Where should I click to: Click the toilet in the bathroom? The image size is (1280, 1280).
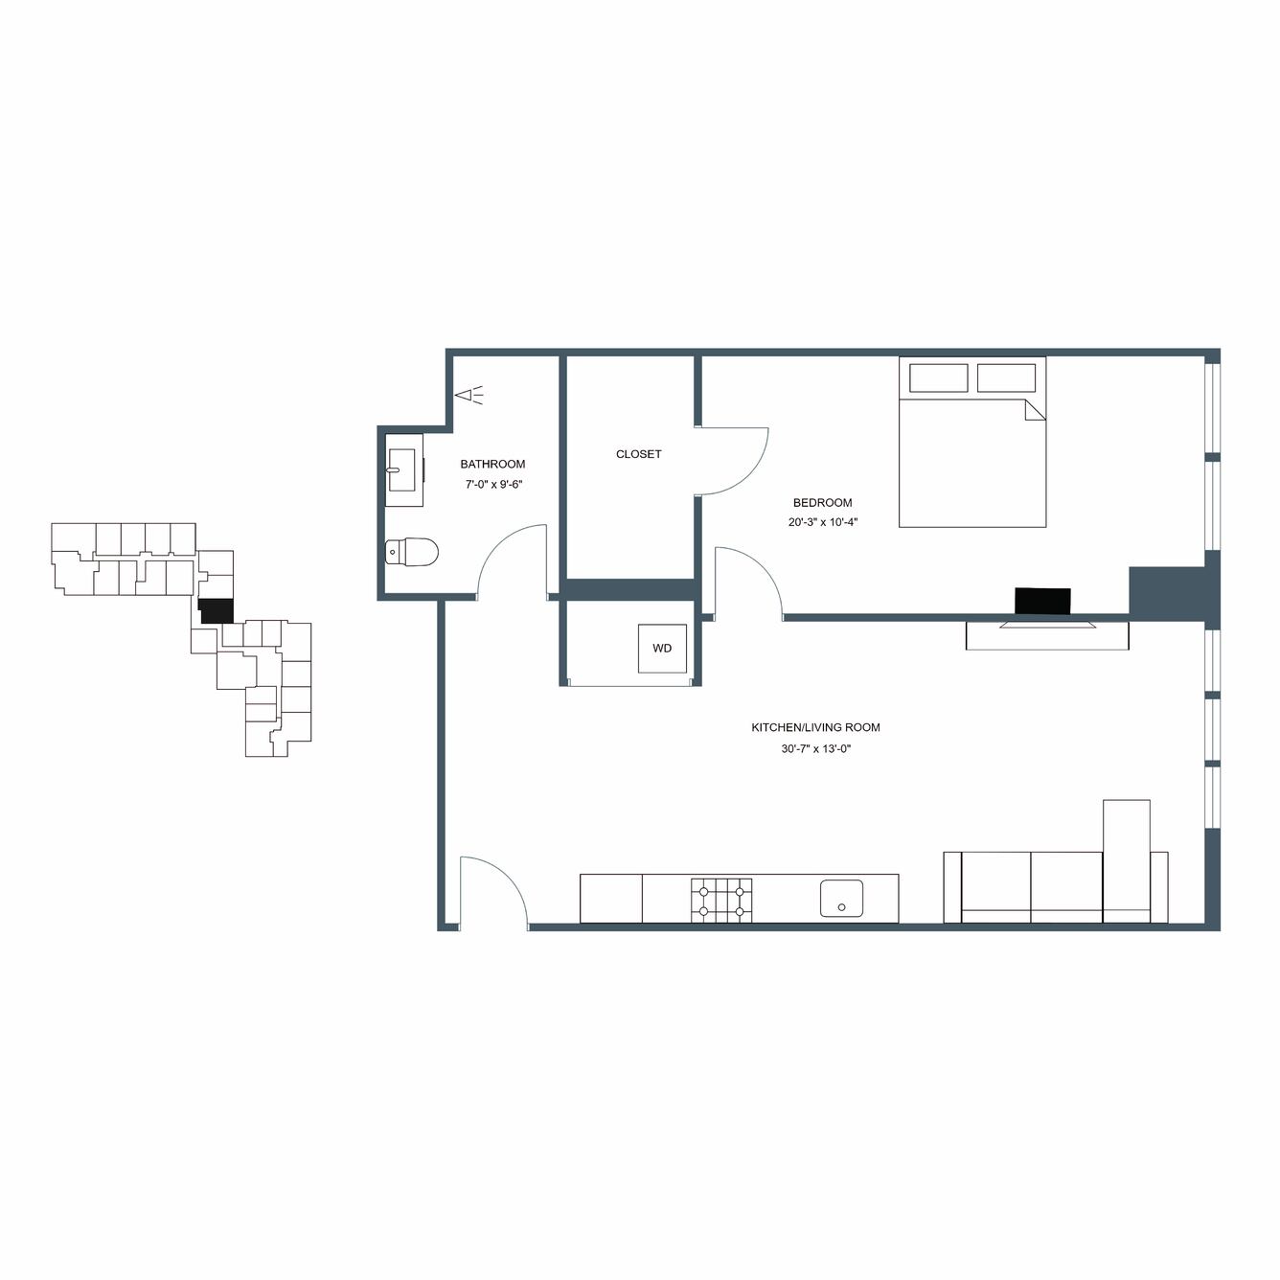tap(412, 552)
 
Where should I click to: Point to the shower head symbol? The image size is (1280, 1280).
tap(469, 396)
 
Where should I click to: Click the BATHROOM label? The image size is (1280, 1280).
tap(492, 465)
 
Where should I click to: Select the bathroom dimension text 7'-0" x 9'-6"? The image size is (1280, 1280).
tap(493, 485)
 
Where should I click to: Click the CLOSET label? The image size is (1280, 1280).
tap(638, 454)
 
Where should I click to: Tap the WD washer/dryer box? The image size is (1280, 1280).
tap(662, 648)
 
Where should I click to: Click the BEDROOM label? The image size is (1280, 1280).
tap(822, 503)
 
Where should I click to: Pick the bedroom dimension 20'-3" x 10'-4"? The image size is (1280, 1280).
tap(823, 522)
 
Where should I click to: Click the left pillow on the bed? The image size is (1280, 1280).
tap(938, 377)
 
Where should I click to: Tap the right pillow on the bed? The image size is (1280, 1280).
tap(1006, 377)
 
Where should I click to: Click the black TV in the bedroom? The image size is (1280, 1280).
tap(1042, 601)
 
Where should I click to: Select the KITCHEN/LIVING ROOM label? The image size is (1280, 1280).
tap(815, 727)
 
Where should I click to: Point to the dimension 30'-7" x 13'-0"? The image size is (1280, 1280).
tap(816, 748)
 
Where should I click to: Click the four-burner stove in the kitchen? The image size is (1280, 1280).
tap(721, 900)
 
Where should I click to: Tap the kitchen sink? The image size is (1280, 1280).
tap(841, 899)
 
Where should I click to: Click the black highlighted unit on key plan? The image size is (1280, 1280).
tap(217, 611)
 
